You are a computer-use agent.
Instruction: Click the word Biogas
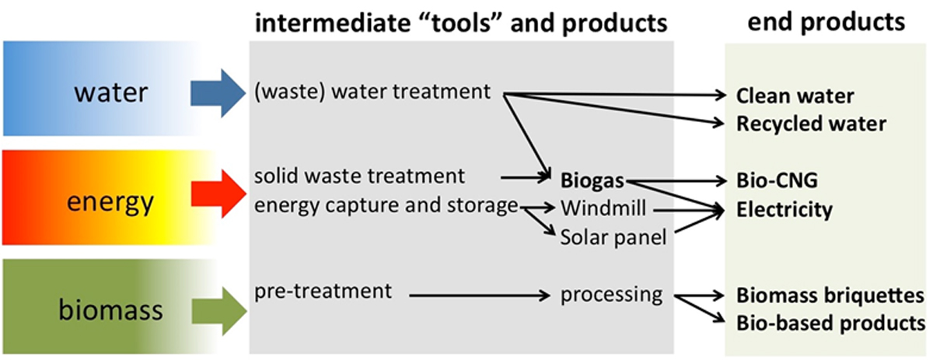[593, 180]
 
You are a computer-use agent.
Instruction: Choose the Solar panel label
[613, 237]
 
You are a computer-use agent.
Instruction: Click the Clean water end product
[795, 96]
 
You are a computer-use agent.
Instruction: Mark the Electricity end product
[784, 209]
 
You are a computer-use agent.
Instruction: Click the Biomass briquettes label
[830, 296]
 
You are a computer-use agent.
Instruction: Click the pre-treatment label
[321, 292]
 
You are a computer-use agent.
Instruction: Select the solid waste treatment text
[359, 176]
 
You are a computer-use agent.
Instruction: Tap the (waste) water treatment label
[372, 92]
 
